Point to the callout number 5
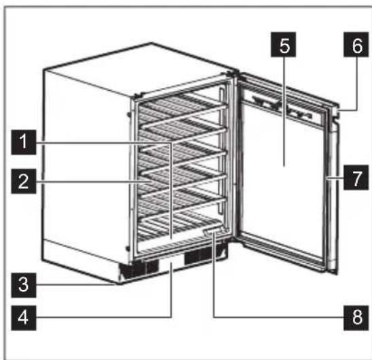[x=284, y=47]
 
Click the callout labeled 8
[x=350, y=317]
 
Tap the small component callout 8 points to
[x=212, y=232]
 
